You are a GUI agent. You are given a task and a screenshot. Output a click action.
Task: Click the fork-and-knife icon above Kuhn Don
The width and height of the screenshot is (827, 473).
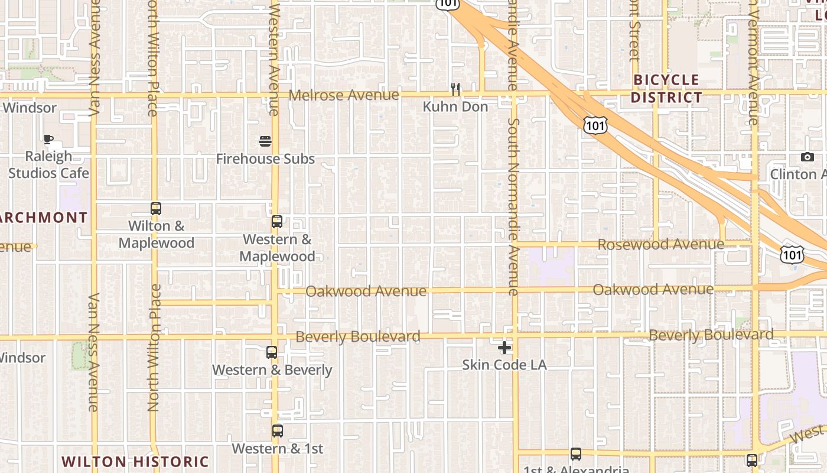[x=455, y=89]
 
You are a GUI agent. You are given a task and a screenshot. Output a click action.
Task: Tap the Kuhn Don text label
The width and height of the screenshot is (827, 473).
[x=455, y=106]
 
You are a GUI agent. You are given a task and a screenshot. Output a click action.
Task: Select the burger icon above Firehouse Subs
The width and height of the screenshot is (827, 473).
[x=265, y=141]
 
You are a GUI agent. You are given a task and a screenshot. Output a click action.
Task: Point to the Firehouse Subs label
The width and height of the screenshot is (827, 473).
[x=265, y=158]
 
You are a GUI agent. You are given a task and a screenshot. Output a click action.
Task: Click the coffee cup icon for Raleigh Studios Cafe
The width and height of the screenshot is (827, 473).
[x=48, y=140]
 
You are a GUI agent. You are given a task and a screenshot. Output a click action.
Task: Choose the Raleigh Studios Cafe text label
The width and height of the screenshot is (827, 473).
[x=48, y=164]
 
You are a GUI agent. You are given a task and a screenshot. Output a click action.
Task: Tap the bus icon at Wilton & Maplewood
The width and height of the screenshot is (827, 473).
[x=156, y=209]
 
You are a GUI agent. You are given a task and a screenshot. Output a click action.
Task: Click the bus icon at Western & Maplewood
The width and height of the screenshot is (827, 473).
[x=277, y=222]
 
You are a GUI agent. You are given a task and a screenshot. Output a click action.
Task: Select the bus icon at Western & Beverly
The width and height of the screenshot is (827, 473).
[x=272, y=352]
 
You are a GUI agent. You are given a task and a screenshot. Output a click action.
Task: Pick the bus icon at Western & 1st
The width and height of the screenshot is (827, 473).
[x=278, y=431]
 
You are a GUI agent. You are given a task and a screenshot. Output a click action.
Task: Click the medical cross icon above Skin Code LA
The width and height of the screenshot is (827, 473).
[x=504, y=347]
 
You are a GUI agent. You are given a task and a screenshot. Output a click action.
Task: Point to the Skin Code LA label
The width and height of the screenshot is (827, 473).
[x=504, y=365]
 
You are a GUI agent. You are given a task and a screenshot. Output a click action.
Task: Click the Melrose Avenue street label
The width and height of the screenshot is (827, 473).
[x=344, y=95]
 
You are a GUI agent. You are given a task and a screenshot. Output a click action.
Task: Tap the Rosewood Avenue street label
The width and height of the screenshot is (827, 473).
[x=660, y=244]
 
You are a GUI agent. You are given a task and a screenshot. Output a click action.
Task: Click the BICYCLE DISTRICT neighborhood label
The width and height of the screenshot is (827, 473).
[x=666, y=89]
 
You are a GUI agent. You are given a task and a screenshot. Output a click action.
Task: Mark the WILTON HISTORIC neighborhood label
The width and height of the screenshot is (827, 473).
[x=135, y=462]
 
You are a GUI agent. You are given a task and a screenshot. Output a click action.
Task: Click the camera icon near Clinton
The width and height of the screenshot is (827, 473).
[x=808, y=157]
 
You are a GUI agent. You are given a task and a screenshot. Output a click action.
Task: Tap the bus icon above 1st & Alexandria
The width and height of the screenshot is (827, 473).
[x=576, y=454]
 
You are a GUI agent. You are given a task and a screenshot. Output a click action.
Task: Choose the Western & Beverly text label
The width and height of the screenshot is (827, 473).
[x=272, y=370]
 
